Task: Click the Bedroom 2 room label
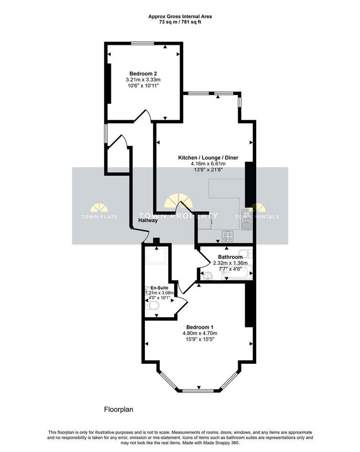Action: click(x=143, y=74)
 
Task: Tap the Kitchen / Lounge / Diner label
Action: click(x=208, y=158)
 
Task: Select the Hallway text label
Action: click(x=148, y=221)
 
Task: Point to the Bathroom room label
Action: click(x=230, y=257)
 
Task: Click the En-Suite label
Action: click(x=159, y=288)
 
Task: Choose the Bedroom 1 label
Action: click(x=200, y=327)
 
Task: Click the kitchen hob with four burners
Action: click(x=227, y=237)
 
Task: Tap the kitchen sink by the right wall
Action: click(x=246, y=219)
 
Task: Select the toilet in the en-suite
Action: click(x=152, y=305)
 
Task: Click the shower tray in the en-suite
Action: click(x=157, y=256)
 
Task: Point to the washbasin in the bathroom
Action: click(x=208, y=275)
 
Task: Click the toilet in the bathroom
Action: click(x=246, y=253)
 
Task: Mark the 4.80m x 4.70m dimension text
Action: click(x=200, y=333)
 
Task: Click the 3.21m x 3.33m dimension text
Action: click(x=143, y=79)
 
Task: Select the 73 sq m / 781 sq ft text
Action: click(x=180, y=22)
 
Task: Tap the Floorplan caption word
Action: click(x=118, y=409)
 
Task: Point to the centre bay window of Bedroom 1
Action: click(x=198, y=391)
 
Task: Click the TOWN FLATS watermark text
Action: click(x=99, y=217)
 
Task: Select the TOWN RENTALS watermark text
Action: click(x=257, y=217)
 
